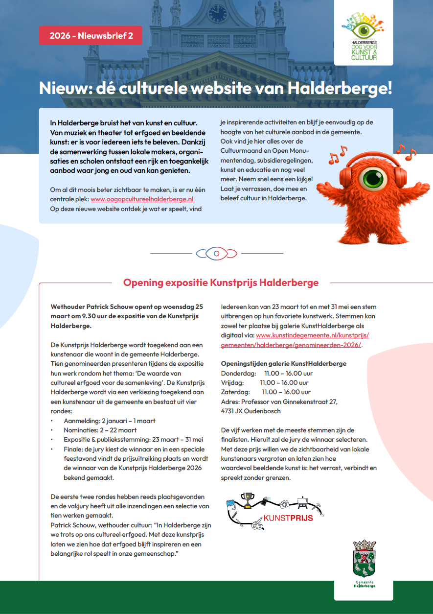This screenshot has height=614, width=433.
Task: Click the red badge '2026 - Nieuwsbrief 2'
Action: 91,36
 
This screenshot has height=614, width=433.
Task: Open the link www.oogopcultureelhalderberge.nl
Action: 142,199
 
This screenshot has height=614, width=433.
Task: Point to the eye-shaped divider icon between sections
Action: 216,253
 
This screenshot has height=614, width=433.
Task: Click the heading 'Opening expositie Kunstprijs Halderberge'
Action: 221,283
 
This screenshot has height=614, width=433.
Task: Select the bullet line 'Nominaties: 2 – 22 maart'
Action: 100,430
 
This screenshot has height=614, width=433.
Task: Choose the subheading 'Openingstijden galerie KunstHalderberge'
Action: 284,364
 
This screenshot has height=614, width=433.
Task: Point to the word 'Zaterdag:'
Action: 235,392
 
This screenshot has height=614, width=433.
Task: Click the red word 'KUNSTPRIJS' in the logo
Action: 288,518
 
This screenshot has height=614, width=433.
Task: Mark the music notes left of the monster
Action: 337,155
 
